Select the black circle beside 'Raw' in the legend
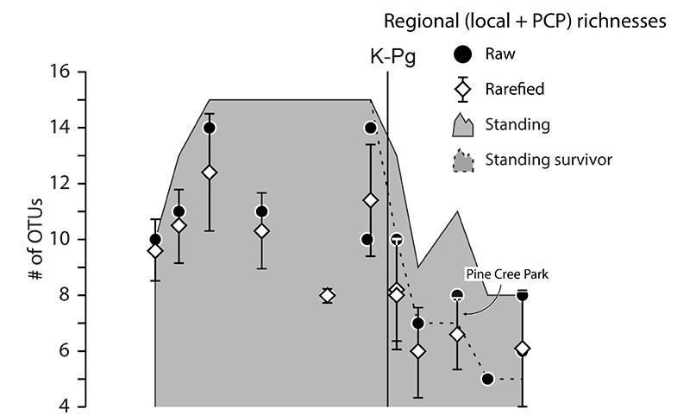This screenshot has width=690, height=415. pyautogui.click(x=464, y=54)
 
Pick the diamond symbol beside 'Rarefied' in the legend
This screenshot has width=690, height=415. pyautogui.click(x=464, y=90)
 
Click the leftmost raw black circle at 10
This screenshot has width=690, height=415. pyautogui.click(x=155, y=239)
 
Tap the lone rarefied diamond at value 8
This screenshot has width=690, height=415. pyautogui.click(x=327, y=295)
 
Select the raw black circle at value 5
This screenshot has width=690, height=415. pyautogui.click(x=487, y=379)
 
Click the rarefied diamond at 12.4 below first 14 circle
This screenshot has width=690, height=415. pyautogui.click(x=209, y=172)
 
